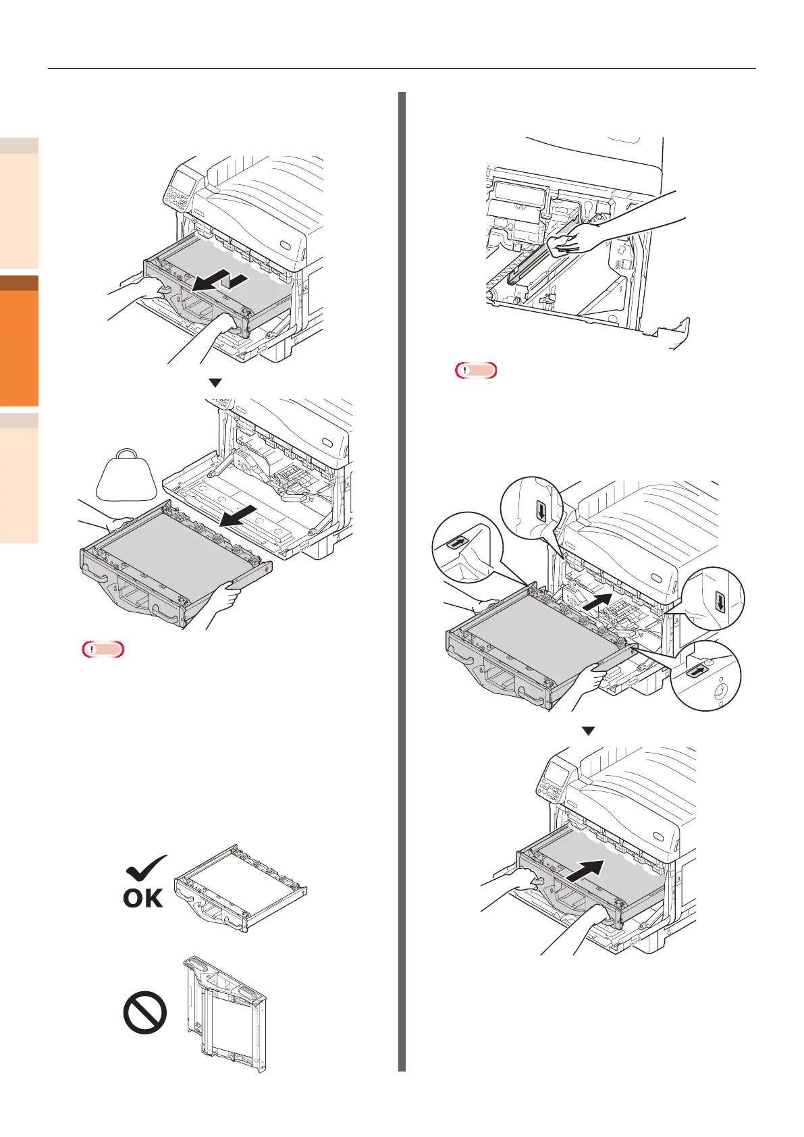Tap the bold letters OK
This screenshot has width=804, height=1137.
point(143,897)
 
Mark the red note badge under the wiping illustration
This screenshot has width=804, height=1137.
point(476,370)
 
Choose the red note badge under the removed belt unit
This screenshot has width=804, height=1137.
point(103,650)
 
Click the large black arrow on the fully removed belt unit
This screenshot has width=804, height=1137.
point(241,521)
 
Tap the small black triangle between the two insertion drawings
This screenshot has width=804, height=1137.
point(589,731)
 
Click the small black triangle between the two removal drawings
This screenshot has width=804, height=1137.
point(215,383)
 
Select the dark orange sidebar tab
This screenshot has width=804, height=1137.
point(19,341)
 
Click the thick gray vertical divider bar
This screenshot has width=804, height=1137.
point(402,581)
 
